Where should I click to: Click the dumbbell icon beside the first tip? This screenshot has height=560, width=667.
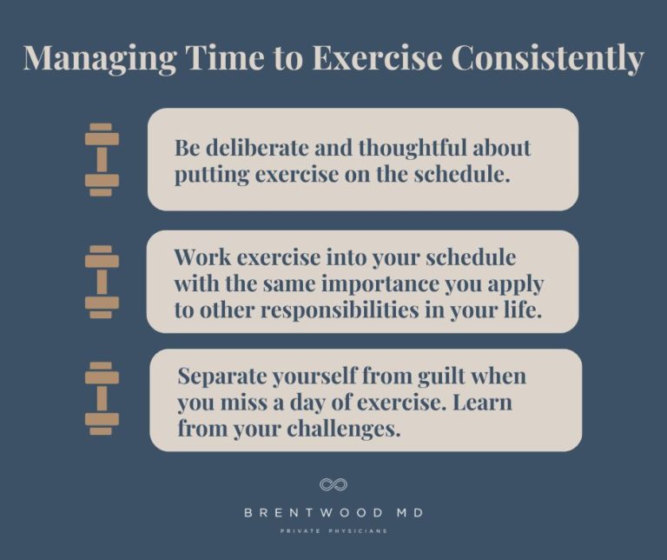[102, 159]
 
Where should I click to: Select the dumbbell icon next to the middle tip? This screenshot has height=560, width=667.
[102, 282]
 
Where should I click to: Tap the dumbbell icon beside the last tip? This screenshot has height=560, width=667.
[102, 398]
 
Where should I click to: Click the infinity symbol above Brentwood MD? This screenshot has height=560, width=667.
[333, 484]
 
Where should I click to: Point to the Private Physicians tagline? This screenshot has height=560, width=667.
[333, 531]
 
